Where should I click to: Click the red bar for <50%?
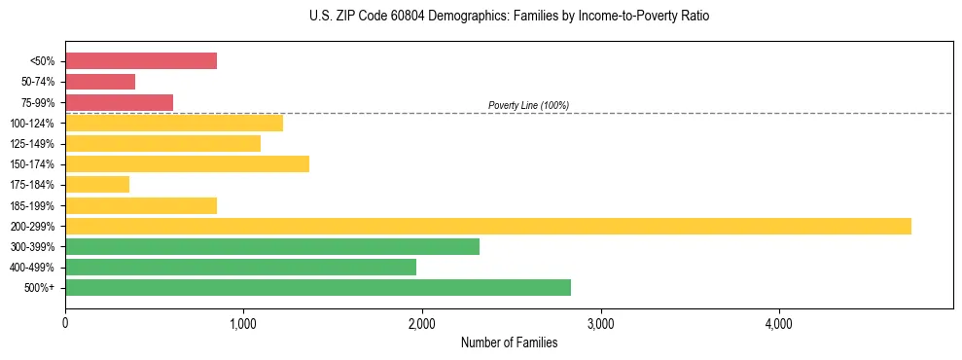141,61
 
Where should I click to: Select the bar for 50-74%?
100,82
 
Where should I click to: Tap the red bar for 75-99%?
119,102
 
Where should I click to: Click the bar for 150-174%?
187,163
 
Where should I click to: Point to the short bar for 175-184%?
97,184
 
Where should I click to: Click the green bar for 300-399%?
272,246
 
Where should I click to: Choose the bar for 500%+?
318,287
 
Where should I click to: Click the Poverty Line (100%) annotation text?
528,105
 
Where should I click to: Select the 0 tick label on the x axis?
65,322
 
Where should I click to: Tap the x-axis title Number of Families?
509,342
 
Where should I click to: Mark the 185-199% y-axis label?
32,205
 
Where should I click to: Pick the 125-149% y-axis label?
32,144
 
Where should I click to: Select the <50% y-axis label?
42,61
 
